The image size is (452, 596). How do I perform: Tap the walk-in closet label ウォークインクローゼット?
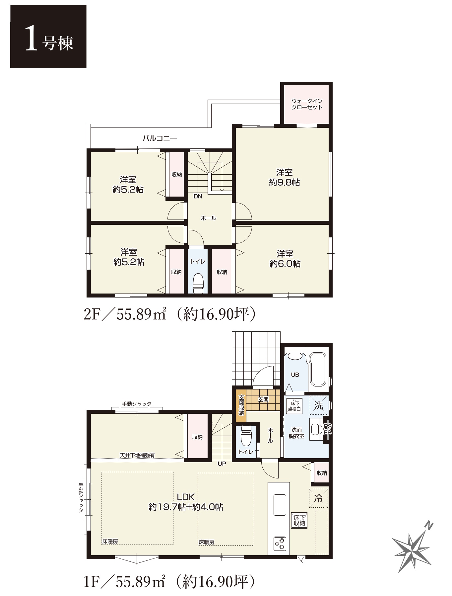(307, 104)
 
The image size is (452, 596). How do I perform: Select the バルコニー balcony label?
(160, 138)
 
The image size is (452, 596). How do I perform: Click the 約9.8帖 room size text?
(285, 182)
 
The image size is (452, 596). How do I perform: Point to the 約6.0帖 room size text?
(285, 264)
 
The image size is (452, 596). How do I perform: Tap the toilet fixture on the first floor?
(246, 436)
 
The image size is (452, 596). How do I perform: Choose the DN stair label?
(198, 197)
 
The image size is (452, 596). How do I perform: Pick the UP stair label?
(222, 464)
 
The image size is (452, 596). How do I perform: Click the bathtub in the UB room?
(318, 370)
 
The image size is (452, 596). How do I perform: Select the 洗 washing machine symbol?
(319, 405)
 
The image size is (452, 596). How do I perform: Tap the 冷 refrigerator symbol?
(318, 498)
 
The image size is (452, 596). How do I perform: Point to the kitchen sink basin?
(280, 505)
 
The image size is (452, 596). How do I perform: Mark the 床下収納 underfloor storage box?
(299, 520)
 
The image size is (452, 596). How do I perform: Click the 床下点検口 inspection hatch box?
(294, 406)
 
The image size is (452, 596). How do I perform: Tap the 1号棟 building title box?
(48, 37)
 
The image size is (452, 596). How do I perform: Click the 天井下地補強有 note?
(137, 455)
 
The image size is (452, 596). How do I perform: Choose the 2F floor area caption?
(170, 314)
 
